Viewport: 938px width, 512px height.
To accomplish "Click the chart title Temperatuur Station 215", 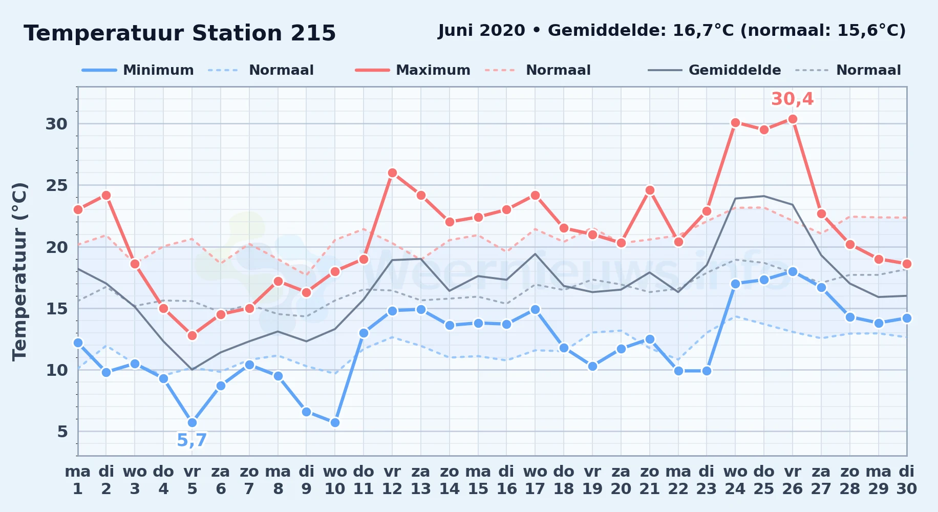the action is point(180,33).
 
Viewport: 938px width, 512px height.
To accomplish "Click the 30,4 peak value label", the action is point(792,99).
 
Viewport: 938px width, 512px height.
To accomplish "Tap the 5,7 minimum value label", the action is point(192,440).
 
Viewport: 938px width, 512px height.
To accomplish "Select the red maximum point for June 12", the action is point(392,173).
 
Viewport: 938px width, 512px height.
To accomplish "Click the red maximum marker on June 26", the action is point(793,119).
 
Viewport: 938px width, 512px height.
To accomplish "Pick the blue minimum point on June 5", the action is point(192,422).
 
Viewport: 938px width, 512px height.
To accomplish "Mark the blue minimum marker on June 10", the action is point(335,422).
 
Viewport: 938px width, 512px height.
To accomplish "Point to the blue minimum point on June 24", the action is point(735,284).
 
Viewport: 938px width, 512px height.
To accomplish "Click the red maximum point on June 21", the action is point(650,190).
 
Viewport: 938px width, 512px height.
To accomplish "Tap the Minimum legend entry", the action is point(138,70).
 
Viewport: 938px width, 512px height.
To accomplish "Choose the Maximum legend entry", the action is point(413,70).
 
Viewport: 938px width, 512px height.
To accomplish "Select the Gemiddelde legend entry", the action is point(714,70).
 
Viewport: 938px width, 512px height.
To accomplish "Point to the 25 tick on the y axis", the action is point(57,185).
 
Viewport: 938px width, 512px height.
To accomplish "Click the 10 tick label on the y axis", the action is point(57,370).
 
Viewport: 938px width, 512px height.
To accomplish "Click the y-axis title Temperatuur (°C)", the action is point(19,271).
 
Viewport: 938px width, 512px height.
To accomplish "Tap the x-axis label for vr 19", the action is point(592,480).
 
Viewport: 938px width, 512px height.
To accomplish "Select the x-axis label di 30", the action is point(907,480).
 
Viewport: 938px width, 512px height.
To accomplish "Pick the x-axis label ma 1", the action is point(78,480).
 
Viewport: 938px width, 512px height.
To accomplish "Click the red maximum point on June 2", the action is point(106,195).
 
